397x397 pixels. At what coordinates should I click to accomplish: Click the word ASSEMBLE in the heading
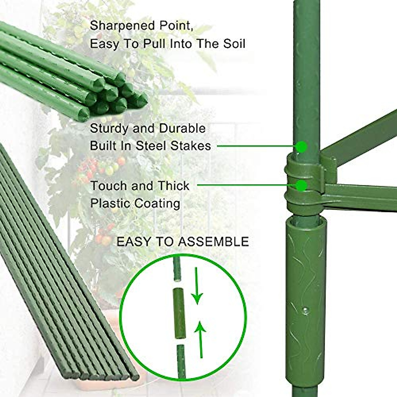[x=213, y=242]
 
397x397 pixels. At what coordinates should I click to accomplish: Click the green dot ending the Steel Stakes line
[x=301, y=146]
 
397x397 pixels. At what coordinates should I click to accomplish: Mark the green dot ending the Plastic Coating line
[x=301, y=186]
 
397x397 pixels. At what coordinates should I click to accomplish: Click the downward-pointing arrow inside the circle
[x=198, y=286]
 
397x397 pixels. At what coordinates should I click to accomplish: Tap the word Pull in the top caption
[x=154, y=44]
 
